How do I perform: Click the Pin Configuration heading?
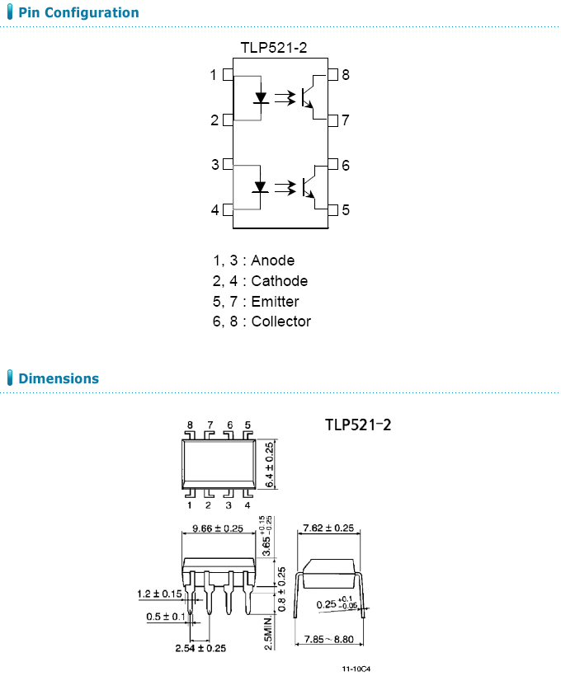point(78,13)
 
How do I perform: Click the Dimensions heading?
point(58,379)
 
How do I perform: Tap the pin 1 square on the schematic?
point(229,76)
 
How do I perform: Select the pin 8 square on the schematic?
point(332,76)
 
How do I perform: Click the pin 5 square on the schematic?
point(332,210)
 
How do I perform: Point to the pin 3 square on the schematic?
point(229,165)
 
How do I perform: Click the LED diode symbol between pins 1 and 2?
point(261,97)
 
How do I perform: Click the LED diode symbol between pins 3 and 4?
point(261,187)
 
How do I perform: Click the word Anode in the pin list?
point(272,261)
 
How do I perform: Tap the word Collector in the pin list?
point(280,322)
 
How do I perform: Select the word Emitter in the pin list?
point(275,302)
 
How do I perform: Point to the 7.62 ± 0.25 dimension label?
point(328,528)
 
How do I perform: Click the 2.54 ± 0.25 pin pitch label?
point(200,649)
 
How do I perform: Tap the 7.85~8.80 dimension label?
point(328,639)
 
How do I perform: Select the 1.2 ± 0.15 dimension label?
point(160,594)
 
